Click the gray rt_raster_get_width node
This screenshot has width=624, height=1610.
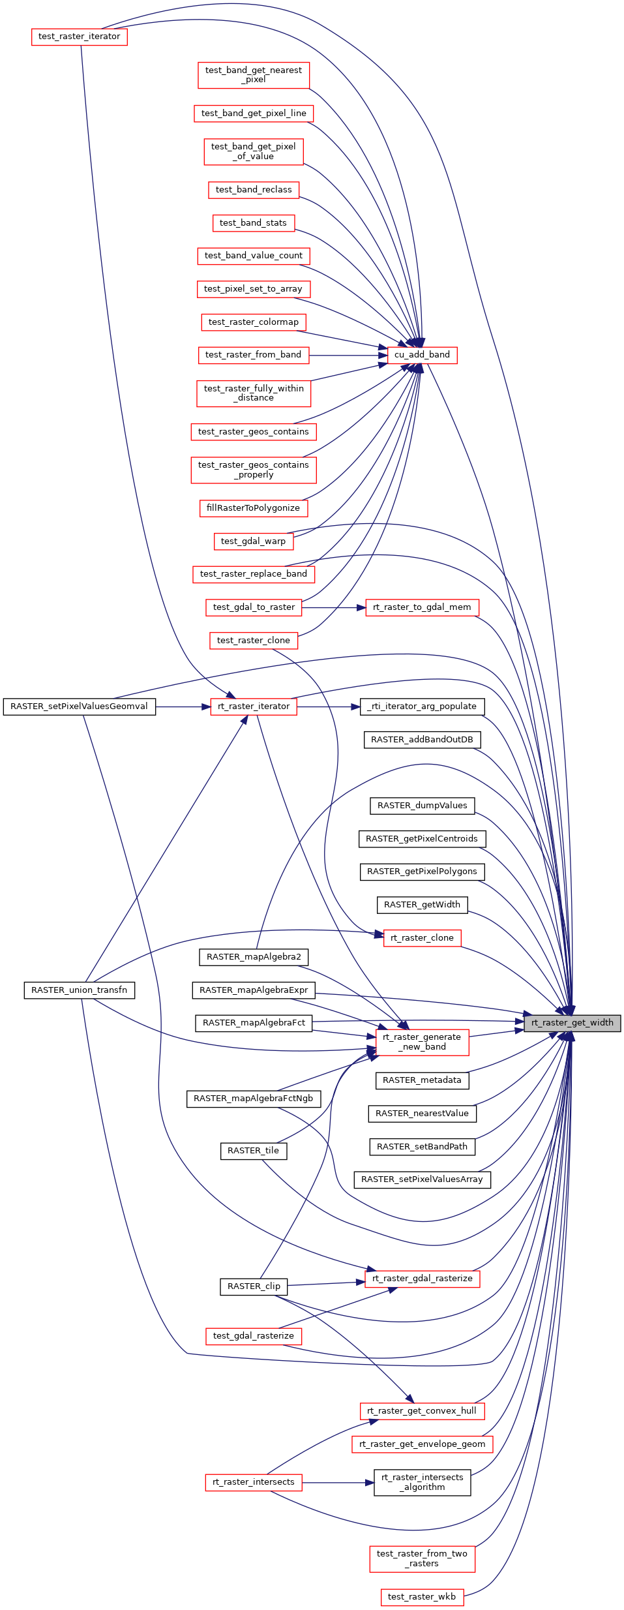click(x=572, y=1023)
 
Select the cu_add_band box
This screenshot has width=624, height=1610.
click(x=422, y=355)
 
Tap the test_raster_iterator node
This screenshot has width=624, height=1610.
click(x=79, y=37)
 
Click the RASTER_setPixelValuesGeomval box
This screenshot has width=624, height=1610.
click(x=79, y=706)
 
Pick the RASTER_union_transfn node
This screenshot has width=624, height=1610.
click(x=79, y=990)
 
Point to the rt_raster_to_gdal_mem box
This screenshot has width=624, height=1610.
click(x=422, y=607)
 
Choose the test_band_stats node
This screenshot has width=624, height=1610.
click(x=253, y=223)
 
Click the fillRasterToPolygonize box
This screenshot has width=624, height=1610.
click(x=253, y=508)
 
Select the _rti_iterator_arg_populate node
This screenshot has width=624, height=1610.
click(x=422, y=706)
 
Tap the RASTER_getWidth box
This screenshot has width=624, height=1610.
click(x=422, y=905)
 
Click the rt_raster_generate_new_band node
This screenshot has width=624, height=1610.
click(x=422, y=1042)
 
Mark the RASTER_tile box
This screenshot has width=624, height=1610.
click(x=253, y=1151)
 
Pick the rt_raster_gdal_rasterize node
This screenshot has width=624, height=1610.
click(x=422, y=1279)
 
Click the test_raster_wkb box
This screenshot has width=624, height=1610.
click(x=422, y=1597)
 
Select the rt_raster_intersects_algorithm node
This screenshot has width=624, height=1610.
click(x=422, y=1482)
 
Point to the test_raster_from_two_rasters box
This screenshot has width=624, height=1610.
click(x=422, y=1558)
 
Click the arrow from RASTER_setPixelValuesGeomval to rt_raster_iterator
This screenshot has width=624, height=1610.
click(x=183, y=706)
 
